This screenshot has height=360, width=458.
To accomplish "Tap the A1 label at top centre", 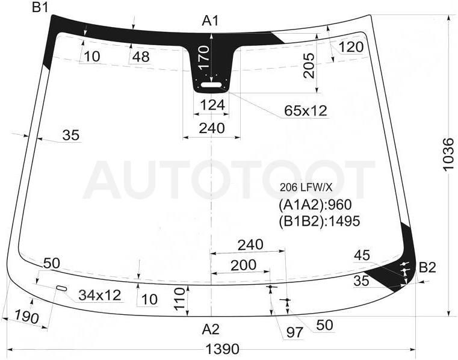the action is point(210,20).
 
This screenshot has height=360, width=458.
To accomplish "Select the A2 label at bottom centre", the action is point(211,329).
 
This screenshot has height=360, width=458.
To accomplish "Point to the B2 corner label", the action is point(427,267).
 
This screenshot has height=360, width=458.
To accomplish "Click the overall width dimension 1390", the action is point(222,349).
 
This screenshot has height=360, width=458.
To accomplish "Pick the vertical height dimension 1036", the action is point(448,154).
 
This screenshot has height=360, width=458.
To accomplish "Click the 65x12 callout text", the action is point(306,111).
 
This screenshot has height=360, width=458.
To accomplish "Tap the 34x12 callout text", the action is point(99,296).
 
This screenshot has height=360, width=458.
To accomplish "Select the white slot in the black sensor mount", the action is point(211,85).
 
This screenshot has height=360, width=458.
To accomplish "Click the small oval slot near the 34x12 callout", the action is point(62,288).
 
